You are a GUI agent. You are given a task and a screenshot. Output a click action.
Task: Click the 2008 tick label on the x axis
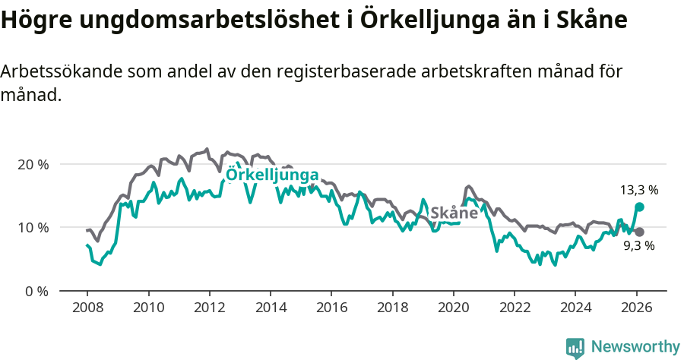click(87, 308)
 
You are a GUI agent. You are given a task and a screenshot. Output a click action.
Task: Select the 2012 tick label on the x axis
click(209, 308)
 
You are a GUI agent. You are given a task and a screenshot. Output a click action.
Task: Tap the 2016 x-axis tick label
click(331, 308)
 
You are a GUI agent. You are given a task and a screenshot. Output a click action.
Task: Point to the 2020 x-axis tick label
click(453, 308)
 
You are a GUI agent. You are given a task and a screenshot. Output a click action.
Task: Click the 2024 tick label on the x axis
click(575, 308)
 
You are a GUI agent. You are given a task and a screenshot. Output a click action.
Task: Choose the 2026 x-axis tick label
click(636, 308)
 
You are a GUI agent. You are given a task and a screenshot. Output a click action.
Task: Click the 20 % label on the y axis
click(33, 164)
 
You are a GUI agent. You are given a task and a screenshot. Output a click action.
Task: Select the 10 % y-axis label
click(33, 227)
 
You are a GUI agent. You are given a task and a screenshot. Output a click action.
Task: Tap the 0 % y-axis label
click(36, 291)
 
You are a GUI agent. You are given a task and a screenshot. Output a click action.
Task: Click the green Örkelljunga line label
click(272, 175)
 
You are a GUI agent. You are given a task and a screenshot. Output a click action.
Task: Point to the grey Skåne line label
click(454, 213)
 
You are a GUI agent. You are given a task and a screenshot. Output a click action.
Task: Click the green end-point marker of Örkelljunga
click(640, 207)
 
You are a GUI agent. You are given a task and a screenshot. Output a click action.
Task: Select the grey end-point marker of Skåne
click(640, 232)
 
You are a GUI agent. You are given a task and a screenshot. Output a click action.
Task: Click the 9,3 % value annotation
click(638, 246)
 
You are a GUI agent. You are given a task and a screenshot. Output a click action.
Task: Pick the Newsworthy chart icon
click(575, 347)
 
